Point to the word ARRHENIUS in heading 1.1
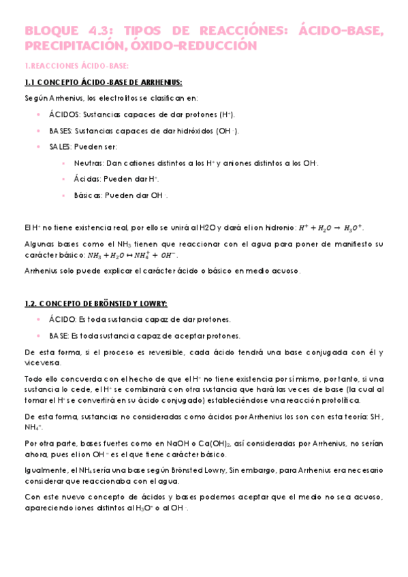coord(157,82)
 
